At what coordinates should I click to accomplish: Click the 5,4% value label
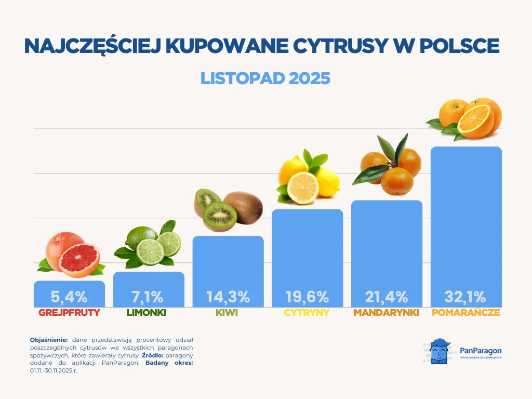pyautogui.click(x=69, y=297)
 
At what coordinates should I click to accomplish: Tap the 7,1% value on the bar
pyautogui.click(x=148, y=297)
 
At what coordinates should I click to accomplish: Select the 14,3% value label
pyautogui.click(x=228, y=297)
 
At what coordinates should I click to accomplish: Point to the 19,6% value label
pyautogui.click(x=307, y=297)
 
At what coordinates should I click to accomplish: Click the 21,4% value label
pyautogui.click(x=387, y=297)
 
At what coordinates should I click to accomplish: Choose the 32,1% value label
pyautogui.click(x=465, y=297)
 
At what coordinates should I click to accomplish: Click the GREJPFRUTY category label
pyautogui.click(x=69, y=313)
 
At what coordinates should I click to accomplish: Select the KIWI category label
pyautogui.click(x=228, y=313)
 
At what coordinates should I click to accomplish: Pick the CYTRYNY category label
pyautogui.click(x=307, y=313)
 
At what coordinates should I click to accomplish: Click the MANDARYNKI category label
pyautogui.click(x=387, y=313)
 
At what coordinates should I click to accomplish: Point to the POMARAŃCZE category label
pyautogui.click(x=466, y=313)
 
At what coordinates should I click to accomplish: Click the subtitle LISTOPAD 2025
pyautogui.click(x=265, y=78)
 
